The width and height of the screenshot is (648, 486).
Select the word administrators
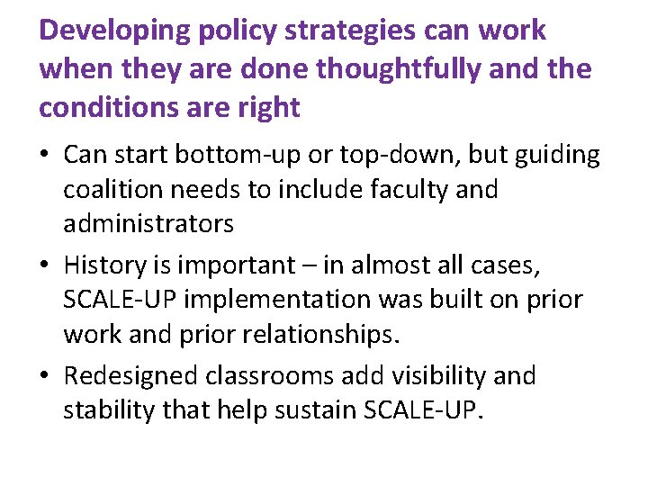(x=148, y=224)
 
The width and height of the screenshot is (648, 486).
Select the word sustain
(x=317, y=410)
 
